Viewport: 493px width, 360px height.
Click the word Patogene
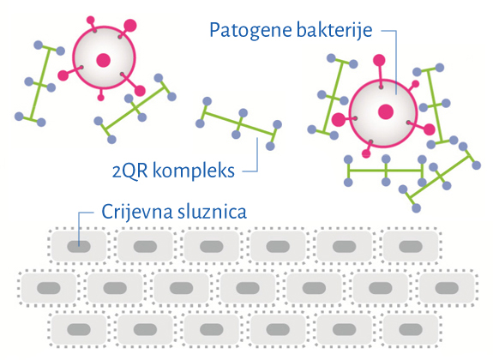pos(251,32)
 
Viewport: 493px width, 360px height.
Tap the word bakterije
pos(334,30)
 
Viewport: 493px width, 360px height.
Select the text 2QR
pos(129,171)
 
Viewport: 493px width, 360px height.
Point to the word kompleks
pos(194,171)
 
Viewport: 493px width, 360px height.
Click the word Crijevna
pos(137,212)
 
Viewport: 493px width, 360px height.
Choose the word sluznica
pos(212,211)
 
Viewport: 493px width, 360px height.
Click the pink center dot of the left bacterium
pos(104,60)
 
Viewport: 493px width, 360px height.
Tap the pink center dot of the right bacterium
pos(386,111)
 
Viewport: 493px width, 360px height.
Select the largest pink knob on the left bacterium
pos(130,26)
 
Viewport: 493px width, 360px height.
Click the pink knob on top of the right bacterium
pos(379,60)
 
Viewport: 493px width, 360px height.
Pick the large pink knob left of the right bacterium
pos(339,119)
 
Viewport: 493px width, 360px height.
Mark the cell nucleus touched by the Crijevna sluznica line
pos(79,247)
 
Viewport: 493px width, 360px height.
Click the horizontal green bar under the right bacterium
pos(386,171)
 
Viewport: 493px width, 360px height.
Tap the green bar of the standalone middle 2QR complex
pos(239,123)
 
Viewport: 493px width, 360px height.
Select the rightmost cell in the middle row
pos(447,288)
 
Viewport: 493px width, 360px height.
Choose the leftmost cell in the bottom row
pos(79,329)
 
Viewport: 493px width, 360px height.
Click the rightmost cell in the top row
pos(411,247)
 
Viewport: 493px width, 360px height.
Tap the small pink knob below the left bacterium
pos(100,98)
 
